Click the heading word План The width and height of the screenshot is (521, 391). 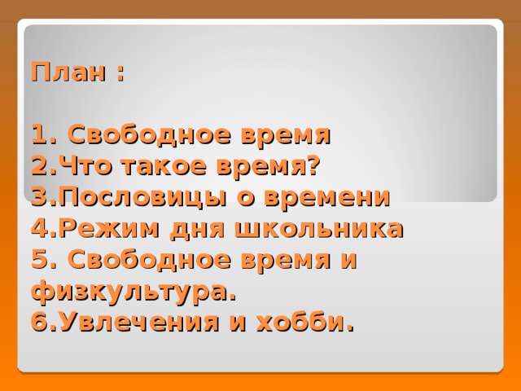[68, 72]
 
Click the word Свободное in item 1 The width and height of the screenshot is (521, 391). [150, 134]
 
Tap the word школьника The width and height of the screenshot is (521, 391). [319, 229]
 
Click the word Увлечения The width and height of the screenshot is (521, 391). [139, 322]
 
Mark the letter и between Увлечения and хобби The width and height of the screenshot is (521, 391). [239, 324]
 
